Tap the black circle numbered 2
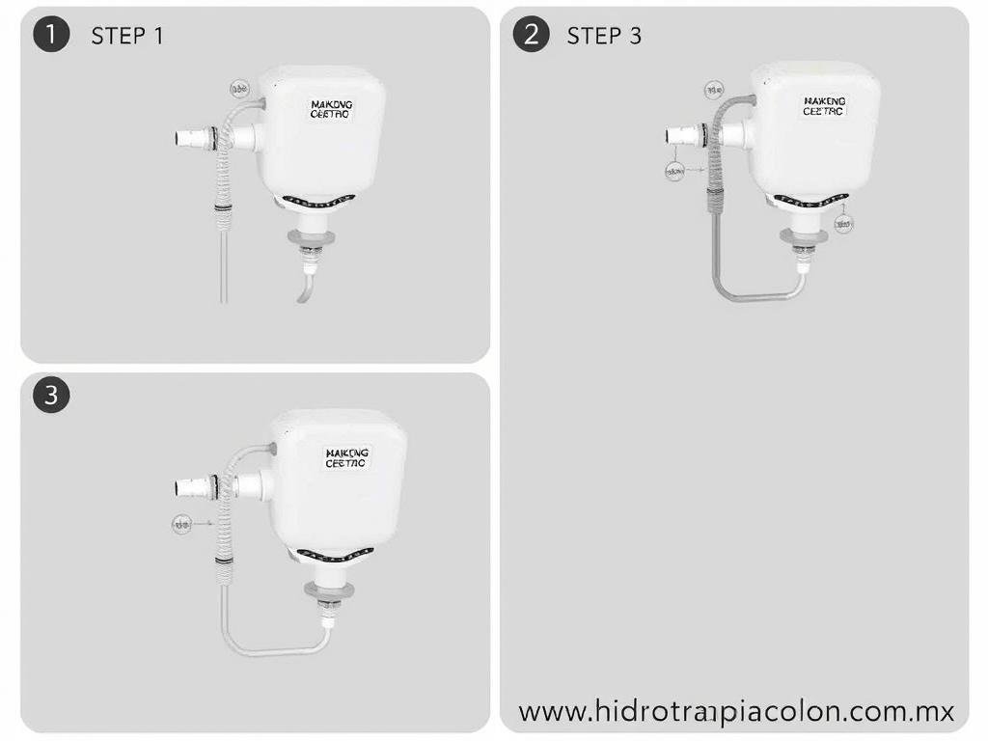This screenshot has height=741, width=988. click(531, 35)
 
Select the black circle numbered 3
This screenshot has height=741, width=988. click(52, 395)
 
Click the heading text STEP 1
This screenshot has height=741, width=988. click(127, 36)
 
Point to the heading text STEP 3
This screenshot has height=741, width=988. click(604, 36)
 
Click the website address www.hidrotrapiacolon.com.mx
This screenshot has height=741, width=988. click(736, 712)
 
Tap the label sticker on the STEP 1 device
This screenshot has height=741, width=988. click(332, 108)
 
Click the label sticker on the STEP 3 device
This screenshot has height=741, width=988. click(823, 105)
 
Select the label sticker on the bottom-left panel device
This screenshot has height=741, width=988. click(347, 457)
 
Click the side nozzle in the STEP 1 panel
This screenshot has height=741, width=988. click(192, 138)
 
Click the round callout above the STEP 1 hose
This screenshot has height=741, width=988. click(239, 88)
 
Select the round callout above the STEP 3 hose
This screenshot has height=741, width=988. click(713, 90)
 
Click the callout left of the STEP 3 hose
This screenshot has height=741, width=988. click(673, 171)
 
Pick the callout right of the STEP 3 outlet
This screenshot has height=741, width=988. click(843, 224)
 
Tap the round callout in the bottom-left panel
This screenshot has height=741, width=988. click(181, 524)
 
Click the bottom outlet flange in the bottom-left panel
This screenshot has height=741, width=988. click(327, 588)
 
